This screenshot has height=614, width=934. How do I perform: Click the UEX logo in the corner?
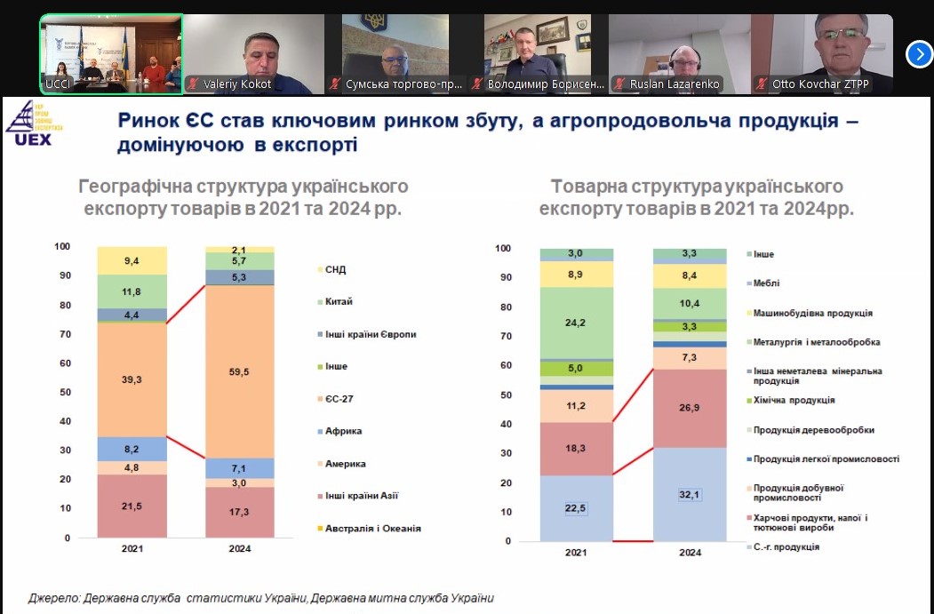click(34, 124)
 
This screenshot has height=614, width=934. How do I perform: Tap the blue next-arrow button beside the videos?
click(919, 55)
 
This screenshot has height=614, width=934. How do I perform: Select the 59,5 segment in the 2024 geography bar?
click(239, 371)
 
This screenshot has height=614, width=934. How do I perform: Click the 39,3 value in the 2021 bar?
click(132, 379)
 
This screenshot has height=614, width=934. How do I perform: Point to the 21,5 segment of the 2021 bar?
click(132, 506)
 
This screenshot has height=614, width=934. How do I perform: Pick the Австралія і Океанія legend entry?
click(370, 528)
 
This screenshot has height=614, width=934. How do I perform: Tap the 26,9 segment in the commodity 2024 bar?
click(690, 408)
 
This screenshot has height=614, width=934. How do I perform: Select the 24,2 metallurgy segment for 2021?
click(576, 323)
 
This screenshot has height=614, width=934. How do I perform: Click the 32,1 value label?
click(690, 495)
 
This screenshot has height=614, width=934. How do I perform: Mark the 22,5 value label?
click(575, 508)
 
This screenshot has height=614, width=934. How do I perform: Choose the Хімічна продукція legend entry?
click(790, 400)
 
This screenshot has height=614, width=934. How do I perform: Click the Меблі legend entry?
click(762, 283)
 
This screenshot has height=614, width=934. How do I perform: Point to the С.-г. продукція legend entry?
click(783, 546)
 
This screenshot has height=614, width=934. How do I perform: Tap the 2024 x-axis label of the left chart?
click(239, 548)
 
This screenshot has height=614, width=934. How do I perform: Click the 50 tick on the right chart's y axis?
click(506, 395)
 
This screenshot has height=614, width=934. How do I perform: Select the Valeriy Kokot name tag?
click(230, 84)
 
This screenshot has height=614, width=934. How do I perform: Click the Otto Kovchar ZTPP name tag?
click(814, 84)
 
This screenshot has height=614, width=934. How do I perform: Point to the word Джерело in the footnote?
click(53, 598)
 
